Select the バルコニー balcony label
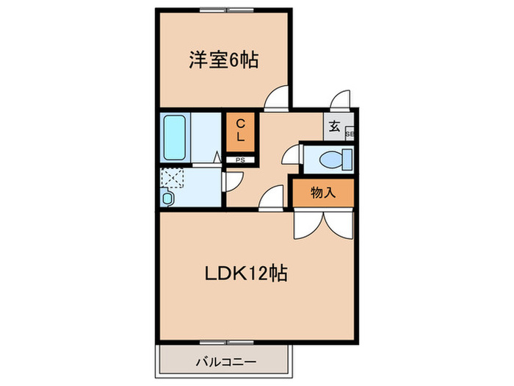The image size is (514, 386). coord(225,362)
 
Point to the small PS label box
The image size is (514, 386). coord(240,160)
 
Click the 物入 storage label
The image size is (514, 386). coord(323,193)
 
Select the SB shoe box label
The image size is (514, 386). coord(350,135)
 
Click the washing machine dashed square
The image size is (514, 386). coord(174,179)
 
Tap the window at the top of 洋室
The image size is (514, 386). coord(223,10)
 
